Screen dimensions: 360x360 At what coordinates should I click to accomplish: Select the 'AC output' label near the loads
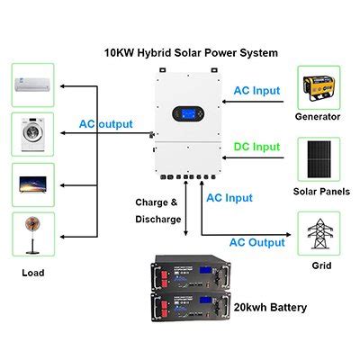(x=105, y=123)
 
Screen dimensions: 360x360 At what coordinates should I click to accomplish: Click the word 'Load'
(x=32, y=272)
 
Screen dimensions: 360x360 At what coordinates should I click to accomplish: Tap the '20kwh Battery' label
(x=270, y=307)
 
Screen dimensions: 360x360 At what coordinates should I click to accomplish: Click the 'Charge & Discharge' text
(x=157, y=210)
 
